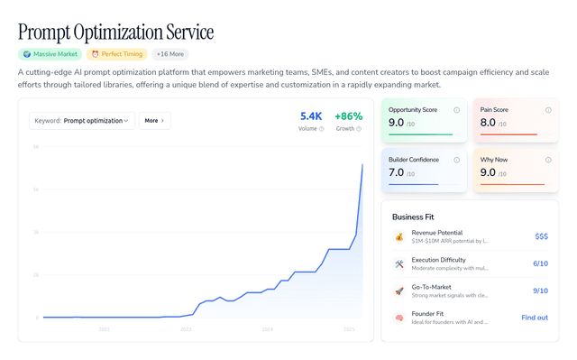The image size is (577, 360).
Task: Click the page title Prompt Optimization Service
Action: pos(115,32)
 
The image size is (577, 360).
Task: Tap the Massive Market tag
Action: pos(50,54)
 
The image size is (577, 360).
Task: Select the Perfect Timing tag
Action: pos(115,54)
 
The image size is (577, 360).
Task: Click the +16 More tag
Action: pos(170,54)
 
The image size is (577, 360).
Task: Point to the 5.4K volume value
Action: pos(311,116)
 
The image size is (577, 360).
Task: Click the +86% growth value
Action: pos(348,116)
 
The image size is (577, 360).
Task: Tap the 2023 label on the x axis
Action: pos(186,329)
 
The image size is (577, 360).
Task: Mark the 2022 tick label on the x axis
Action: pos(104,329)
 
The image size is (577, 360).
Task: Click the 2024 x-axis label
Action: pos(268,329)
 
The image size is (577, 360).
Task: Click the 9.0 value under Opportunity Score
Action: pos(397,123)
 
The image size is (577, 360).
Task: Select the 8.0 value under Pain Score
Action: pos(488,123)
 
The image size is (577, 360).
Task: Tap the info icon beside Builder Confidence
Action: pos(457,160)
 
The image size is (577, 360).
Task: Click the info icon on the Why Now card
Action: pos(548,160)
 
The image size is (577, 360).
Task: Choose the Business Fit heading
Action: pos(415,217)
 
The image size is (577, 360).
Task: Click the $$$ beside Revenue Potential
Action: pos(541,236)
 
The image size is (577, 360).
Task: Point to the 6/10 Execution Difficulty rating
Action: pos(540,263)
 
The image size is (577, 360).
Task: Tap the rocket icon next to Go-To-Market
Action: pos(398,291)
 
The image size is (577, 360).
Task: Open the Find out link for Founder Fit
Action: pos(535,318)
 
